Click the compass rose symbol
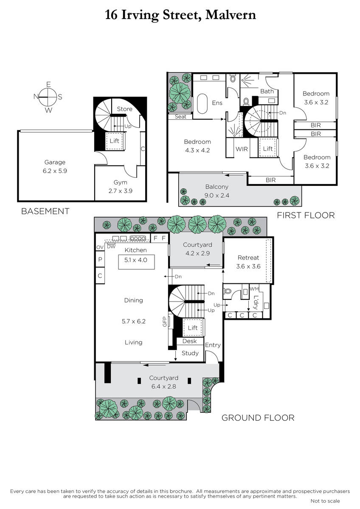48,97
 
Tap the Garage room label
55,162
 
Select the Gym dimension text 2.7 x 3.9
120,191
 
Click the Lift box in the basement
115,141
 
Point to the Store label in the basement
124,109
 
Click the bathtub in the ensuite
202,103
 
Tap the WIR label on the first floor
242,149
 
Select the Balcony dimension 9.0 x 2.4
217,196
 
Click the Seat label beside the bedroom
180,117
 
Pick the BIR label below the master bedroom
270,180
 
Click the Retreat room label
248,258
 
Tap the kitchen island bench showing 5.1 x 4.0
136,262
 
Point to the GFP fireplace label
165,322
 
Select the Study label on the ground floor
190,353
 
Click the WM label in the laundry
254,289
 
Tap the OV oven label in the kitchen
100,247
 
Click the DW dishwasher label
111,246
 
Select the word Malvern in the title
231,15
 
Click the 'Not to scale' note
325,501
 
